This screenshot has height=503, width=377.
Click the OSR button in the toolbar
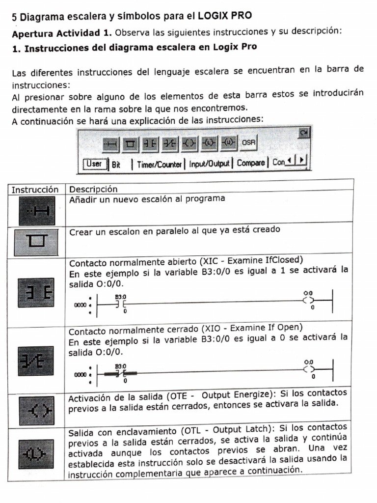point(248,143)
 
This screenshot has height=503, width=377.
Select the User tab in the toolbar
point(95,164)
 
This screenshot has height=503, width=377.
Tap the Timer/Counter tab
point(159,164)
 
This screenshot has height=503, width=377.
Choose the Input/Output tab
point(209,164)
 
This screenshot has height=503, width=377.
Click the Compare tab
point(250,163)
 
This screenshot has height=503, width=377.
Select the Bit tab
point(116,165)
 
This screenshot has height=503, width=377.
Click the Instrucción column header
point(35,189)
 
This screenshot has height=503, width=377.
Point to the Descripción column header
point(93,189)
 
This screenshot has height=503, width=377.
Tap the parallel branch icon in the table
point(37,240)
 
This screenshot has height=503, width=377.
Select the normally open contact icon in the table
point(37,293)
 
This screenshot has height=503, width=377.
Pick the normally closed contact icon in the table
point(37,362)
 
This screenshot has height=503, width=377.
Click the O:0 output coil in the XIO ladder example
point(309,369)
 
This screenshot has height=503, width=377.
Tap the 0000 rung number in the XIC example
point(80,305)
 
